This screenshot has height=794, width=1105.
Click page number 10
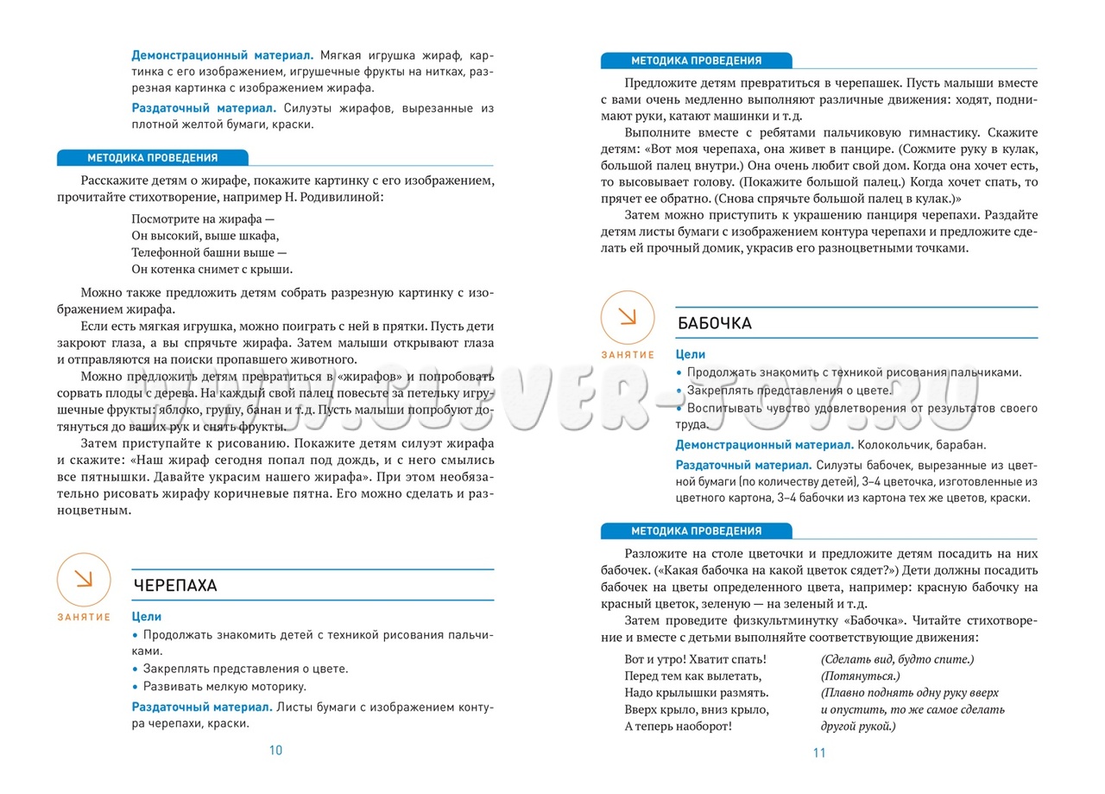(x=275, y=750)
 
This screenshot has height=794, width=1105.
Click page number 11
(x=819, y=753)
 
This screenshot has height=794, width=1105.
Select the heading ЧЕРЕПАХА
(x=175, y=585)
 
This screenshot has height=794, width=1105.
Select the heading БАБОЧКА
(x=715, y=323)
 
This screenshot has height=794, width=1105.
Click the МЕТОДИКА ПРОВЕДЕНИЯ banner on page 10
(x=152, y=158)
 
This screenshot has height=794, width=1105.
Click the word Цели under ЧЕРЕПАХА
(x=147, y=617)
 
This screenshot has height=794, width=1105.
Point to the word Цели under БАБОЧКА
(x=691, y=354)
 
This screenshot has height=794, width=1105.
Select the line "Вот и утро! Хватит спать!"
(x=695, y=659)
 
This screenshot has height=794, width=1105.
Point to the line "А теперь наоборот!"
(x=678, y=726)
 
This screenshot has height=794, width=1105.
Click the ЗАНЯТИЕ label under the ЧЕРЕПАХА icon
(x=85, y=617)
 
